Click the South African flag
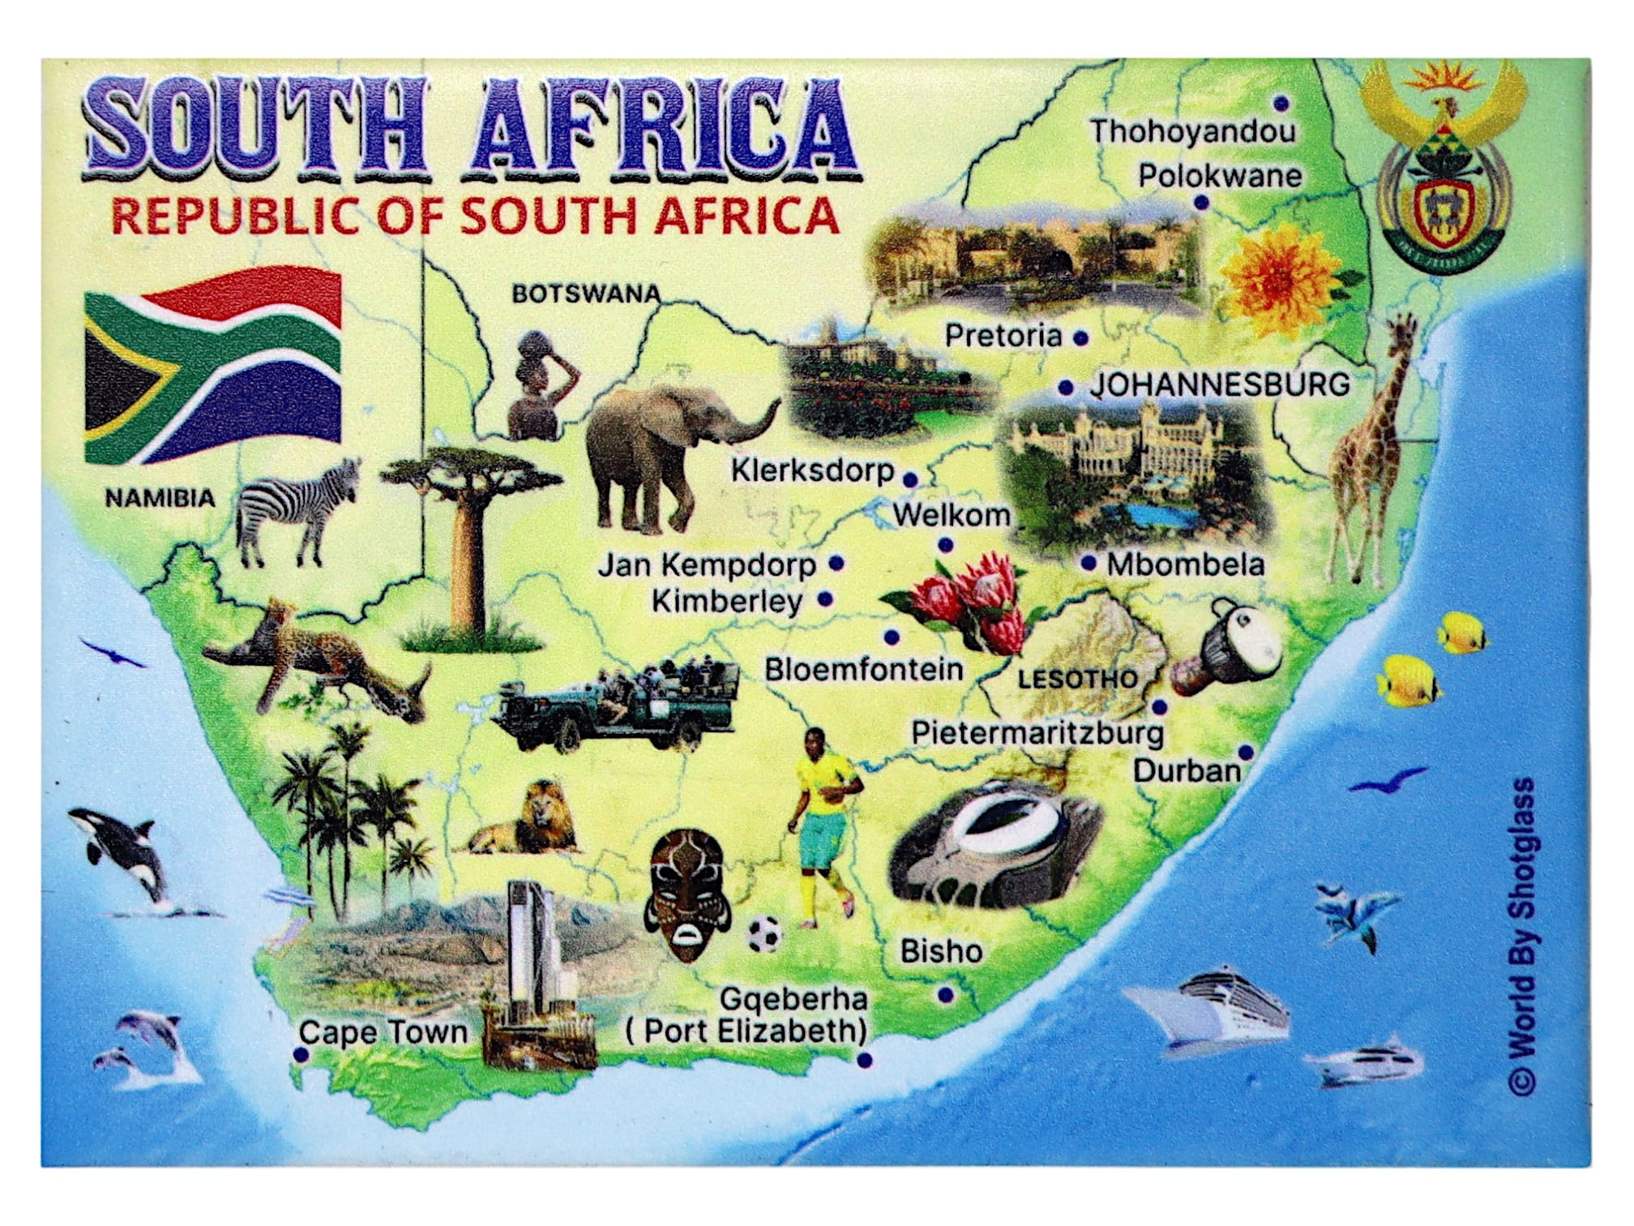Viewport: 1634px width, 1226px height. pyautogui.click(x=212, y=365)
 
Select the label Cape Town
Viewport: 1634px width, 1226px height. pyautogui.click(x=383, y=1032)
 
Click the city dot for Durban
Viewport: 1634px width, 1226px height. pyautogui.click(x=1246, y=753)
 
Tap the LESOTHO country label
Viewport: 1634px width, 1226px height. pyautogui.click(x=1077, y=679)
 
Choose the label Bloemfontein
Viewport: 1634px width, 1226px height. pyautogui.click(x=864, y=670)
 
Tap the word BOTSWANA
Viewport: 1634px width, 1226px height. pyautogui.click(x=585, y=294)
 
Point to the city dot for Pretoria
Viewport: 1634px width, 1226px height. pyautogui.click(x=1080, y=338)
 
